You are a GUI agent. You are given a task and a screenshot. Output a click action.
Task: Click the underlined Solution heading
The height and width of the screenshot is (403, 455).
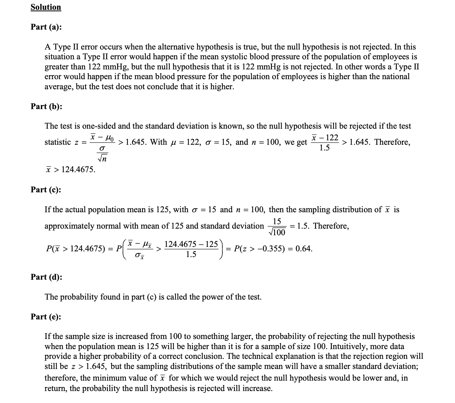pyautogui.click(x=46, y=7)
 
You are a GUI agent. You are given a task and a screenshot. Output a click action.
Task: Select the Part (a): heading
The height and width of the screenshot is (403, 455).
pyautogui.click(x=46, y=27)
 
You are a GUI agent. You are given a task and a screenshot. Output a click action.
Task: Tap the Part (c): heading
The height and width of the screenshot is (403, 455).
pyautogui.click(x=46, y=190)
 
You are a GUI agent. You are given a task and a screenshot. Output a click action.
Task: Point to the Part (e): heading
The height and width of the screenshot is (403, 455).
pyautogui.click(x=46, y=317)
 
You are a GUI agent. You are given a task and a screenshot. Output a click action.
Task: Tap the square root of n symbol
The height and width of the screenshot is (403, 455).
pyautogui.click(x=103, y=159)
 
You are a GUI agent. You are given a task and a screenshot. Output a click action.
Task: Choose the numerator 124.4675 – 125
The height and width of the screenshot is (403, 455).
pyautogui.click(x=191, y=244)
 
